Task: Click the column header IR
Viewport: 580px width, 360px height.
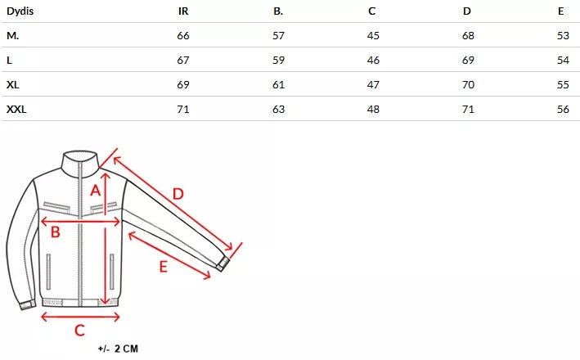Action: point(183,11)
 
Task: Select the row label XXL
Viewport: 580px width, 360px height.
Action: point(16,109)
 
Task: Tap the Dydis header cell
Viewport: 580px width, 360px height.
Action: point(20,11)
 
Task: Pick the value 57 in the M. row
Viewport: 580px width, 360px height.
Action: point(278,35)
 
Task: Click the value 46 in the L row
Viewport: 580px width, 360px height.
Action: point(373,60)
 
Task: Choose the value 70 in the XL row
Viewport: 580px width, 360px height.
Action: point(468,85)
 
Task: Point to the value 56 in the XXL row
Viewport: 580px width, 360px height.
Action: point(563,109)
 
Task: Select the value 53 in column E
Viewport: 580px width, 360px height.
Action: point(563,35)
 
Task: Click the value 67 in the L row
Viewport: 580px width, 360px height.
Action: point(183,60)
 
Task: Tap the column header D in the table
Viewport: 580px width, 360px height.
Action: point(467,11)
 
